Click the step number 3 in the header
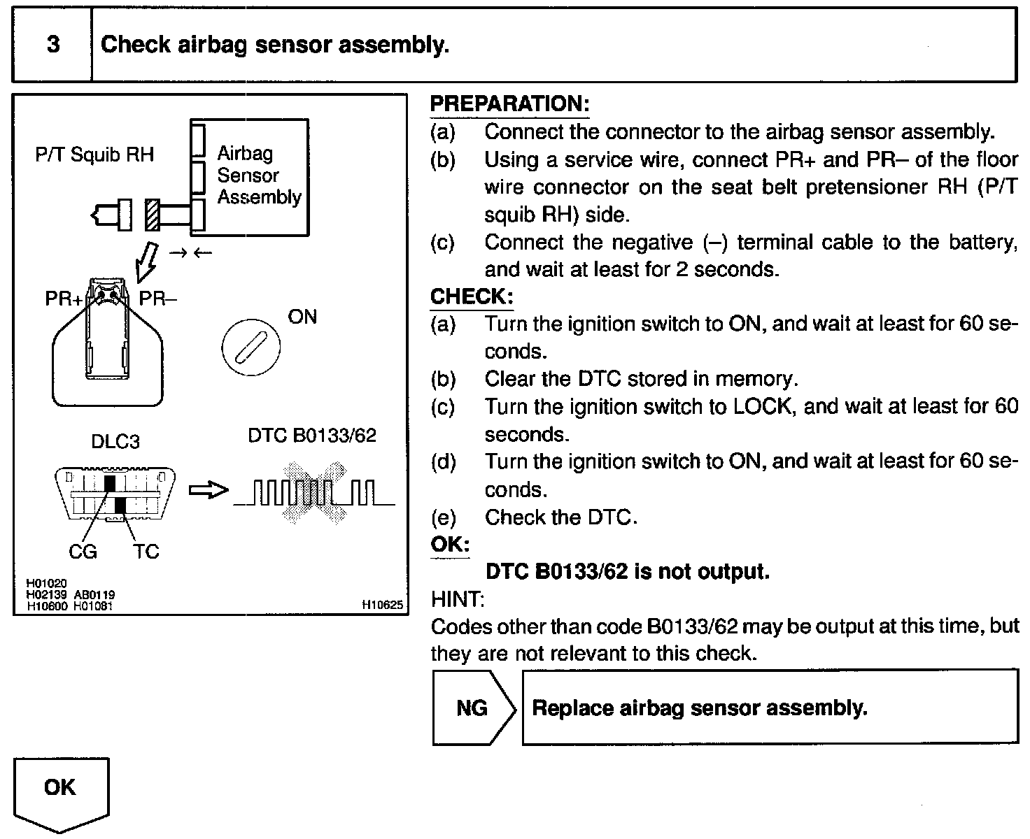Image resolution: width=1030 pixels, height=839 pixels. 52,45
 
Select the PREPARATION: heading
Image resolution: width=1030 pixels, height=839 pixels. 509,104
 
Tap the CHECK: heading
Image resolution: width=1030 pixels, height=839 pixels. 471,296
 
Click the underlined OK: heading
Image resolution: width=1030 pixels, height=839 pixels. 450,545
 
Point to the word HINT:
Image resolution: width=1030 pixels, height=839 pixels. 458,599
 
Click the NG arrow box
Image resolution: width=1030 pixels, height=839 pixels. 473,708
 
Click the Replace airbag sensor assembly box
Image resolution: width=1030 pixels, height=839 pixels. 770,708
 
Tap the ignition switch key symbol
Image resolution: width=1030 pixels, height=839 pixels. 251,346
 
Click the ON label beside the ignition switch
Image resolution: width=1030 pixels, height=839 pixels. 302,317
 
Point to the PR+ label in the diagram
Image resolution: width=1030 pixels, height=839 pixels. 63,299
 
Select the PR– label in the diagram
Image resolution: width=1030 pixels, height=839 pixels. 157,299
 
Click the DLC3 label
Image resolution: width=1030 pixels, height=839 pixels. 115,442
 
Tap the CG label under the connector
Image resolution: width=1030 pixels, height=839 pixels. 83,552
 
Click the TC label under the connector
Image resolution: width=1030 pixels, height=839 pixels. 146,552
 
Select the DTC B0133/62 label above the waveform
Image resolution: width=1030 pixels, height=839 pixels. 312,436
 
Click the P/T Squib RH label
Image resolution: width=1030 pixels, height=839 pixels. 94,154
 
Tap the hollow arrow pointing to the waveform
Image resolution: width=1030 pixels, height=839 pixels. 209,490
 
